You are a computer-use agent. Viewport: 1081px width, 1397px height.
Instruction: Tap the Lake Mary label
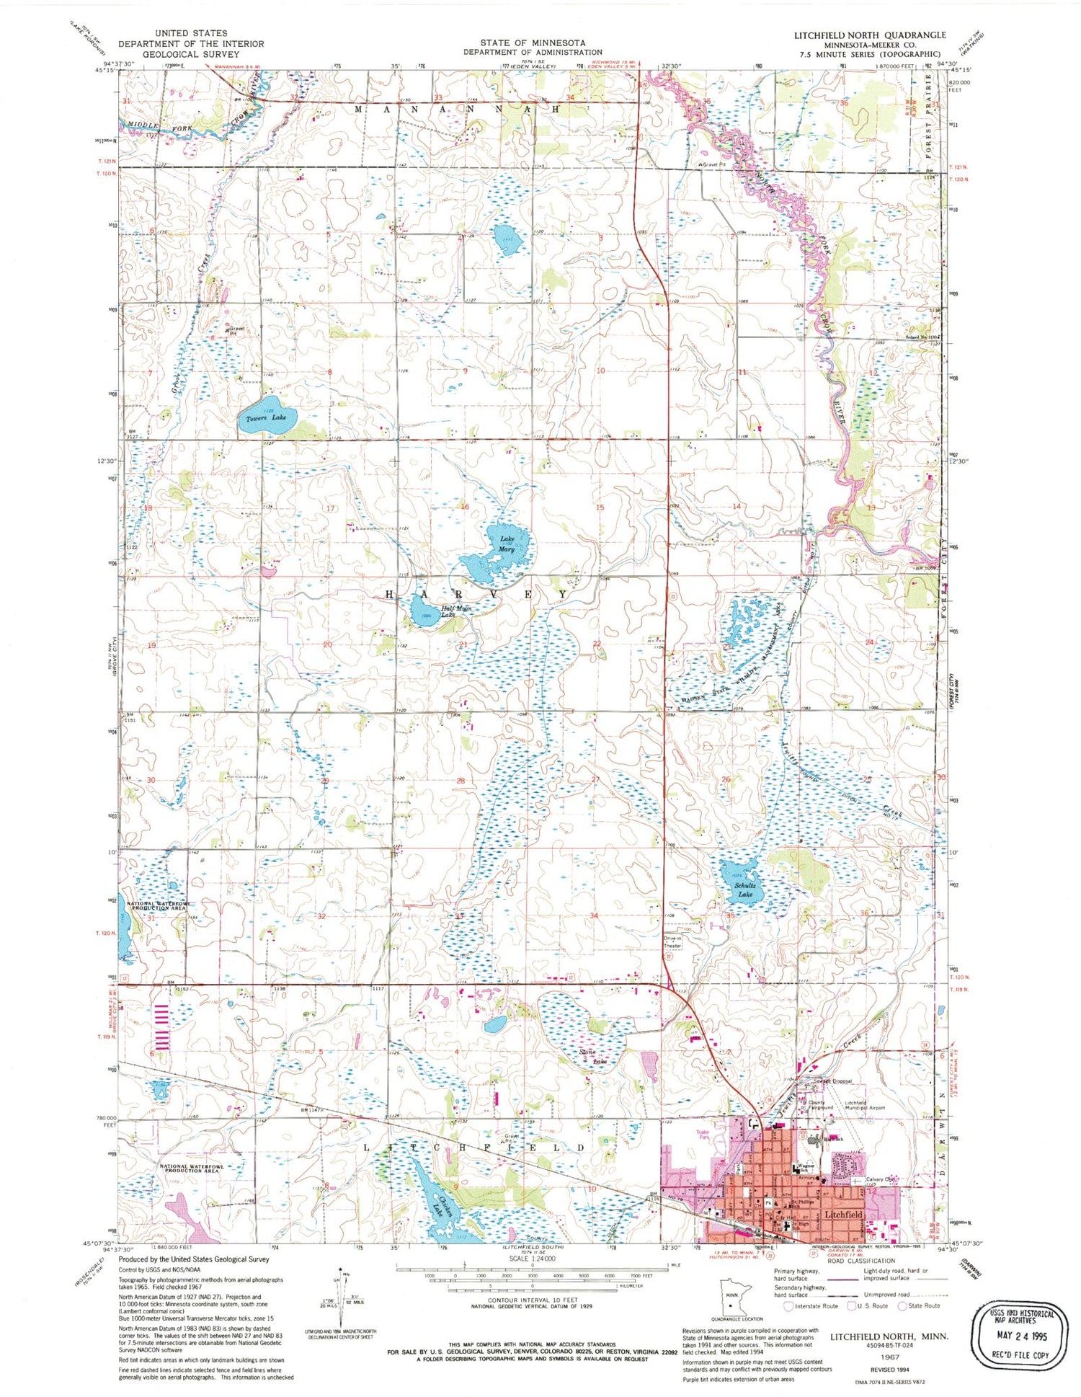507,544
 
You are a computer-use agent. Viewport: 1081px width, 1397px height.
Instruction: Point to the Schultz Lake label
744,890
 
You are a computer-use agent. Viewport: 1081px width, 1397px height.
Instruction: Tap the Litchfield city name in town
842,1215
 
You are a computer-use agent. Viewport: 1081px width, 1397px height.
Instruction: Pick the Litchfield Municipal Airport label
864,1105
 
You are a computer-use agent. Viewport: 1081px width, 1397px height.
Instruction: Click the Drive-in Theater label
672,942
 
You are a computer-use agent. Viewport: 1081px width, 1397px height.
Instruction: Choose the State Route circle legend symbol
902,1305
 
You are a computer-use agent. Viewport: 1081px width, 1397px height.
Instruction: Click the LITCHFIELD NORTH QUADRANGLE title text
870,35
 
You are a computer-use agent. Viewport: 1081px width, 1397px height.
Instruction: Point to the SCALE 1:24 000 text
533,1259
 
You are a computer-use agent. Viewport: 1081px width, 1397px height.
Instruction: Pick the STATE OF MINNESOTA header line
533,43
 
